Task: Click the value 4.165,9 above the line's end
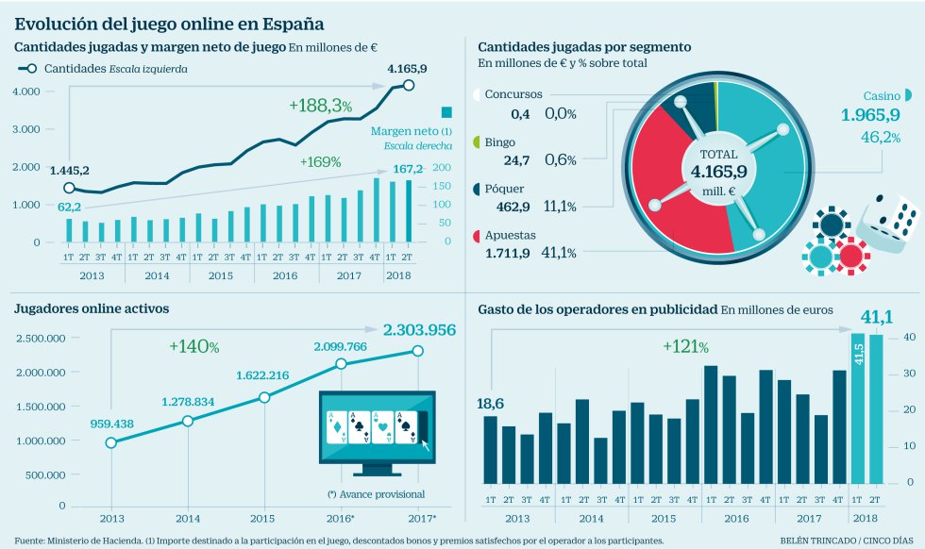(407, 68)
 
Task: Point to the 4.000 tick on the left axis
(25, 91)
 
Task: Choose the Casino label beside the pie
(882, 95)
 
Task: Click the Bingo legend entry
(500, 142)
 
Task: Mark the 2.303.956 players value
(419, 330)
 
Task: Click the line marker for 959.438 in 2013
(111, 442)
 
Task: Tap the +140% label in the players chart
(194, 347)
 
